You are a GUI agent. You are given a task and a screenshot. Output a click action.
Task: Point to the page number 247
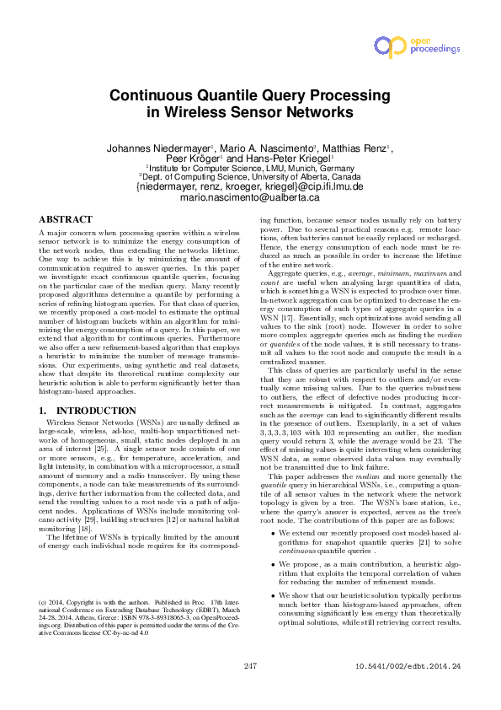(x=250, y=690)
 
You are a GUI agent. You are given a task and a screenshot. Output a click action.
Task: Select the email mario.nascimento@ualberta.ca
(x=250, y=197)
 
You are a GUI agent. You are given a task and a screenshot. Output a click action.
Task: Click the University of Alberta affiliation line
(x=250, y=177)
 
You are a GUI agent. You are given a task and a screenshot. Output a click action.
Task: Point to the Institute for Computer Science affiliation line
(x=250, y=168)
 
